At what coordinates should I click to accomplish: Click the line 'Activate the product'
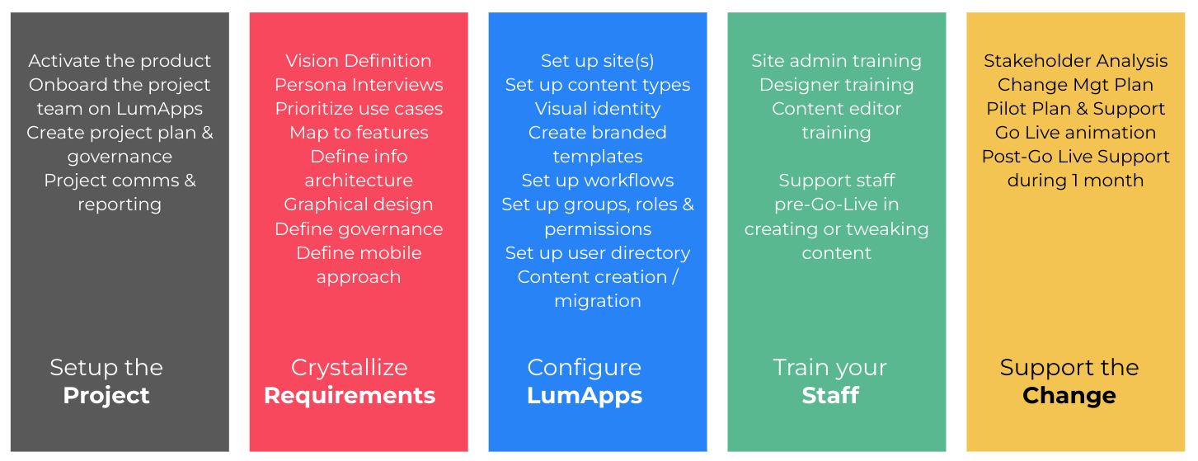tap(120, 61)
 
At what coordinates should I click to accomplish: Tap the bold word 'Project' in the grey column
tap(106, 396)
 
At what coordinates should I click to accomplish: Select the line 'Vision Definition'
tap(359, 61)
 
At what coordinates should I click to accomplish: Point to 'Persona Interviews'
tap(359, 84)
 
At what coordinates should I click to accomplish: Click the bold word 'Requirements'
tap(350, 396)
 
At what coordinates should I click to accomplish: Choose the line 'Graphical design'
tap(359, 205)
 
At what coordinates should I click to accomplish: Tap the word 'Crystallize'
tap(350, 368)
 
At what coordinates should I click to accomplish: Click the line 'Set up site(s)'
tap(598, 61)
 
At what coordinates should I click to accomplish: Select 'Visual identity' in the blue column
tap(598, 109)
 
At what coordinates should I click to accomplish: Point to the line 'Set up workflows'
tap(598, 181)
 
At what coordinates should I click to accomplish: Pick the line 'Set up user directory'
tap(598, 253)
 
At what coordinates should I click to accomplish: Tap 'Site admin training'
tap(837, 61)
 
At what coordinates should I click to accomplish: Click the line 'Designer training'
tap(837, 85)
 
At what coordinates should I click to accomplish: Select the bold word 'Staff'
tap(830, 396)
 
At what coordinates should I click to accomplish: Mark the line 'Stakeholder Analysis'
tap(1075, 61)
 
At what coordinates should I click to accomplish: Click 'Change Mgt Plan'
tap(1075, 85)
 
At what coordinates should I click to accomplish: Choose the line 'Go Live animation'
tap(1075, 133)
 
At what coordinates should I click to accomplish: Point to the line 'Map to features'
tap(359, 133)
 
